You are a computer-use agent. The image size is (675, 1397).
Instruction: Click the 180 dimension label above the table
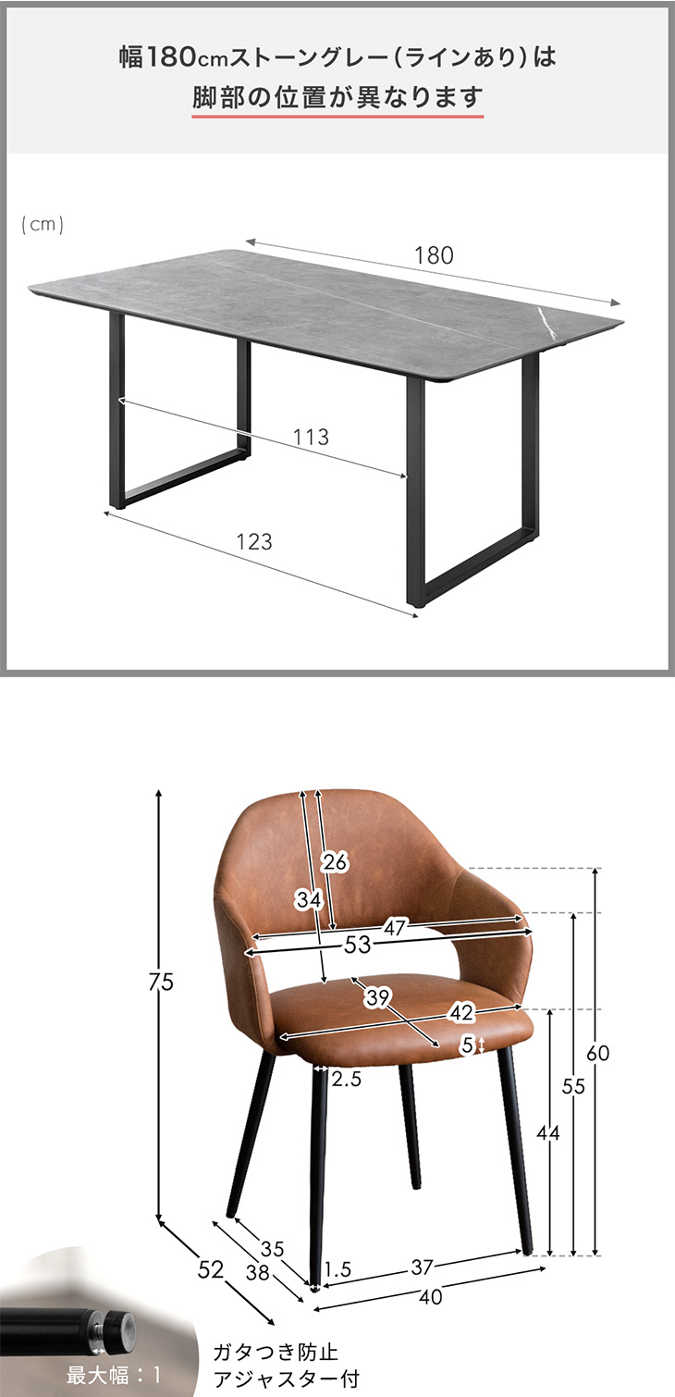pyautogui.click(x=434, y=255)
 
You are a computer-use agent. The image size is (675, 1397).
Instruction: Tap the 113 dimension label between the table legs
pyautogui.click(x=311, y=437)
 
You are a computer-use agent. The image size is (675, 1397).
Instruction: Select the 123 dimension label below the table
pyautogui.click(x=254, y=541)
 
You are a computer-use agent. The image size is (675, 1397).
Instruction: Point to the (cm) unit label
pyautogui.click(x=43, y=224)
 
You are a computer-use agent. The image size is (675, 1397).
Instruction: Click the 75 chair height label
pyautogui.click(x=161, y=982)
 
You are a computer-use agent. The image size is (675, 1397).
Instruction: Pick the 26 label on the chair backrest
pyautogui.click(x=335, y=862)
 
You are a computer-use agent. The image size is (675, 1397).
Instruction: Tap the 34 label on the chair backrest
pyautogui.click(x=309, y=899)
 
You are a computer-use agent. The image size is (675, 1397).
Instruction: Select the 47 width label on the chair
pyautogui.click(x=395, y=927)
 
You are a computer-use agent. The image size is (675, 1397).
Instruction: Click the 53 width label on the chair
pyautogui.click(x=358, y=945)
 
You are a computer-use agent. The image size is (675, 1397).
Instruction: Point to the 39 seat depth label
pyautogui.click(x=377, y=997)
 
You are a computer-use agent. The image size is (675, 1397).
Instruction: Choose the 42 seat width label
pyautogui.click(x=461, y=1012)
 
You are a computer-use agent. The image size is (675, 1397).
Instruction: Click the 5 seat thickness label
pyautogui.click(x=468, y=1045)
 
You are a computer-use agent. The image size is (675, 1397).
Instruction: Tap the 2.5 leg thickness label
pyautogui.click(x=347, y=1079)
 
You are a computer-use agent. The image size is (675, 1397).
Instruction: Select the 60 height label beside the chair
pyautogui.click(x=597, y=1054)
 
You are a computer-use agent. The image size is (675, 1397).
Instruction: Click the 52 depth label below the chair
pyautogui.click(x=210, y=1269)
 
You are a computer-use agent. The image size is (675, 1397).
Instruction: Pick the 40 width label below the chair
pyautogui.click(x=431, y=1297)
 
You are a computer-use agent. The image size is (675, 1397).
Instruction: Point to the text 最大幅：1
pyautogui.click(x=114, y=1374)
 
